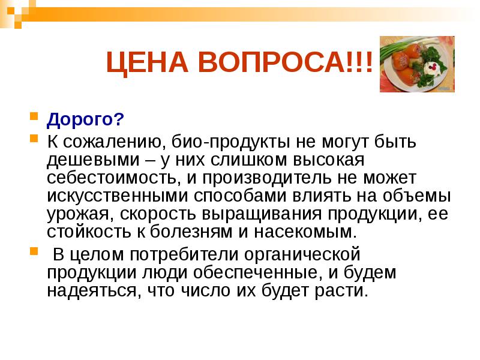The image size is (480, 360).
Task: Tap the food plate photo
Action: tap(417, 64)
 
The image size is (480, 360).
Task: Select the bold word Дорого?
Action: tap(85, 120)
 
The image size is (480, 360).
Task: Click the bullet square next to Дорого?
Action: tap(34, 115)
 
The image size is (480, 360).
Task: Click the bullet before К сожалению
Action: tap(34, 139)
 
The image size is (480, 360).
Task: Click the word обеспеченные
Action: tap(265, 273)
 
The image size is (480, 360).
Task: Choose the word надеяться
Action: tap(83, 291)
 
